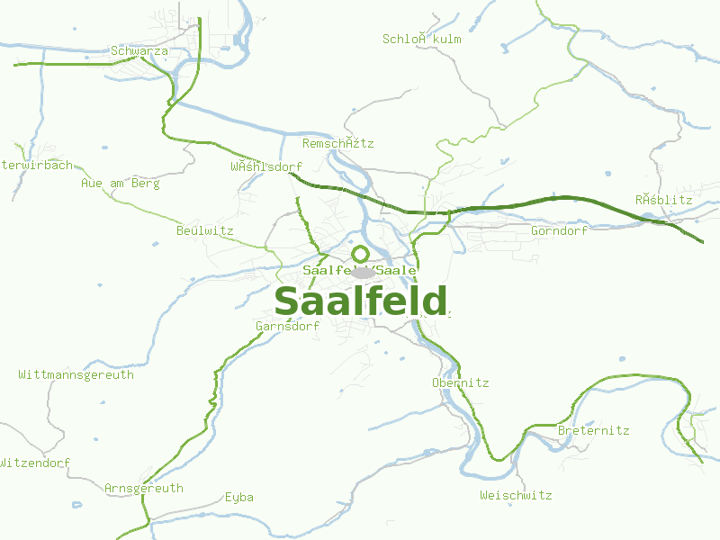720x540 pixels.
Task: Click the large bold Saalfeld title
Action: tap(360, 302)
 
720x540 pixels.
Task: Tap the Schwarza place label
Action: tap(139, 51)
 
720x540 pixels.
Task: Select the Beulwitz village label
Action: tap(204, 231)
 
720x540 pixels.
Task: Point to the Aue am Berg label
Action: tap(120, 184)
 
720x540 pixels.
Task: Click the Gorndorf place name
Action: tap(559, 231)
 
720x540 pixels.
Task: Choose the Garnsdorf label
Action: tap(287, 327)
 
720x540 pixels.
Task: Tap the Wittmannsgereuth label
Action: tap(76, 374)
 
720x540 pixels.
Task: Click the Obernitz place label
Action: tap(460, 383)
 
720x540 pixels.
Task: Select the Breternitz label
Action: tap(593, 431)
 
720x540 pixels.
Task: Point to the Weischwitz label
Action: tap(516, 496)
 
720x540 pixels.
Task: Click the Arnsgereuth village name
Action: tap(143, 489)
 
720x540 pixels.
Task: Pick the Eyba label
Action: tap(238, 498)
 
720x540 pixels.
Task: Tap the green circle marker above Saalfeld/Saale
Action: tap(360, 254)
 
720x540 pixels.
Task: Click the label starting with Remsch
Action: tap(337, 144)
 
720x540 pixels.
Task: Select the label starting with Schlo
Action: tap(421, 39)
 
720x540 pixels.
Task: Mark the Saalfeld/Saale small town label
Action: tap(360, 270)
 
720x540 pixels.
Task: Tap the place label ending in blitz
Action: tap(663, 200)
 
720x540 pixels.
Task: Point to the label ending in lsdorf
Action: tap(265, 167)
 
